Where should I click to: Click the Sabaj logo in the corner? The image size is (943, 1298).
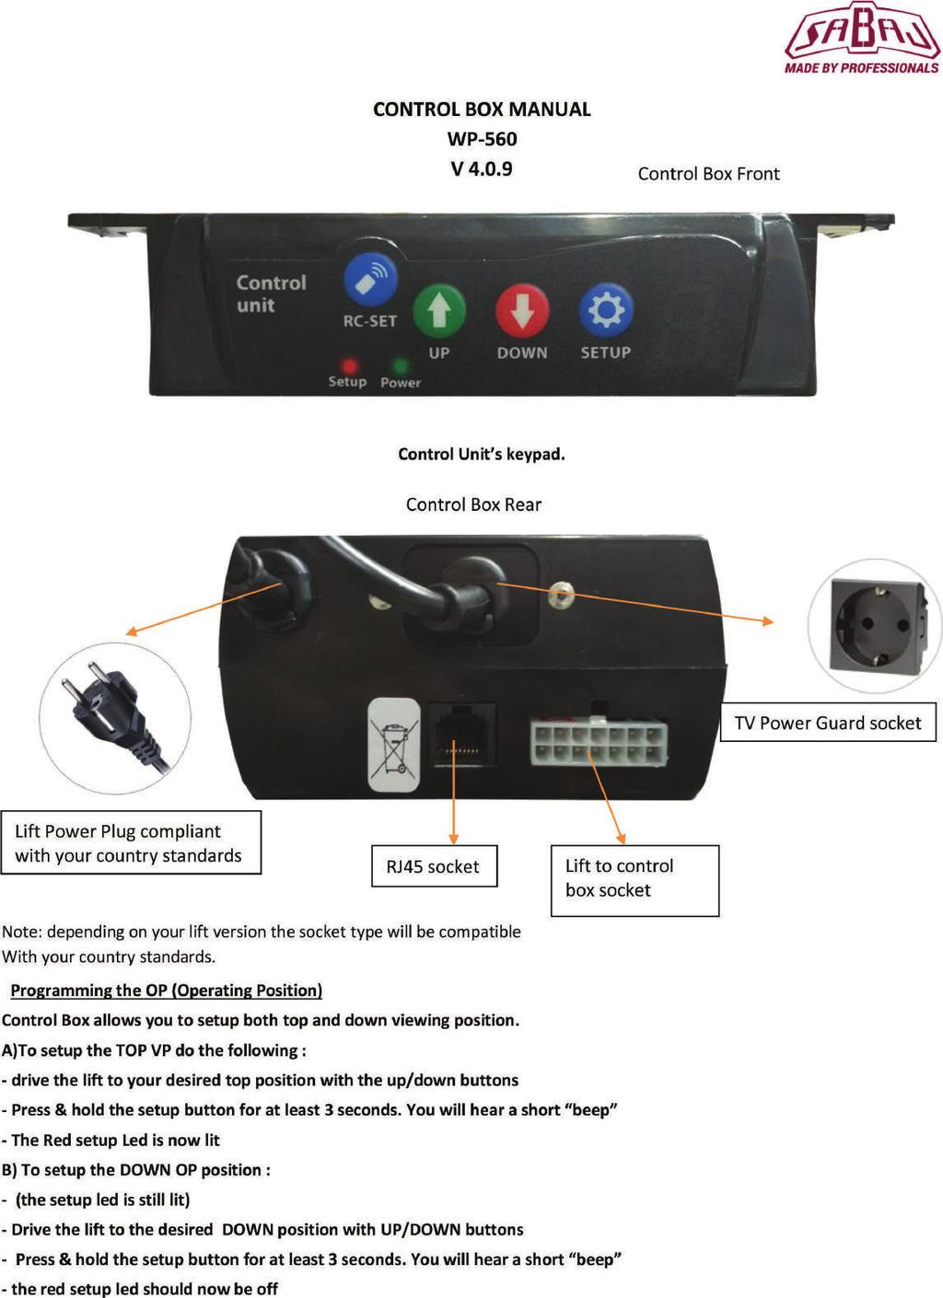click(x=862, y=38)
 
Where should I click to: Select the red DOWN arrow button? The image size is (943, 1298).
click(x=522, y=310)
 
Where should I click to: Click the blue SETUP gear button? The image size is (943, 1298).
click(x=606, y=310)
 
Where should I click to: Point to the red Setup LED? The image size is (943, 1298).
click(x=350, y=366)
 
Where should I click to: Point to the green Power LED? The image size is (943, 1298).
click(x=401, y=366)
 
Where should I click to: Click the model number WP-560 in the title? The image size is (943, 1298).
click(x=483, y=139)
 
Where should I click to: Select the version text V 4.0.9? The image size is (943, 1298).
click(x=482, y=168)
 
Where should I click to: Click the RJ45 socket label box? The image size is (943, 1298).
click(x=434, y=866)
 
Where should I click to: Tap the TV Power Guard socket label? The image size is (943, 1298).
click(x=828, y=723)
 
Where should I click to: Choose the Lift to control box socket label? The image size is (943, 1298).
click(x=634, y=881)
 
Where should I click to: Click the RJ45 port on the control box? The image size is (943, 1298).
click(x=462, y=736)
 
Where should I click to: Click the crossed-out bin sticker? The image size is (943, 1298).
click(x=394, y=745)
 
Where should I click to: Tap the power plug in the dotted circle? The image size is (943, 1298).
click(x=116, y=717)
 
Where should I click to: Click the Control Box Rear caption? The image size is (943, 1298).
click(x=473, y=504)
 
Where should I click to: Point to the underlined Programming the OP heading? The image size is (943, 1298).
click(x=167, y=991)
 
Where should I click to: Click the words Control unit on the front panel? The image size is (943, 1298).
click(x=272, y=294)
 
